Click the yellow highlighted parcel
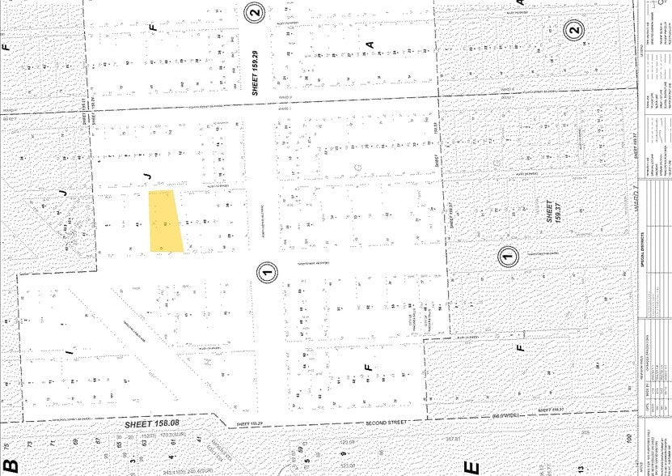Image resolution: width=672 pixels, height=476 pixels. click(165, 221)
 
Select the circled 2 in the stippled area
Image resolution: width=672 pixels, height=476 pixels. click(573, 32)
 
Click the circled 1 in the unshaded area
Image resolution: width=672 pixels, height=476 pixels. click(267, 272)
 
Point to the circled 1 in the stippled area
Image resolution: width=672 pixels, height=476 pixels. click(506, 257)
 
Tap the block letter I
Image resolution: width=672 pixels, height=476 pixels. click(70, 354)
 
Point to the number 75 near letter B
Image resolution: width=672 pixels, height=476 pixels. click(7, 444)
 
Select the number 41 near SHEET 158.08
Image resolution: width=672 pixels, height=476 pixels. click(198, 438)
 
